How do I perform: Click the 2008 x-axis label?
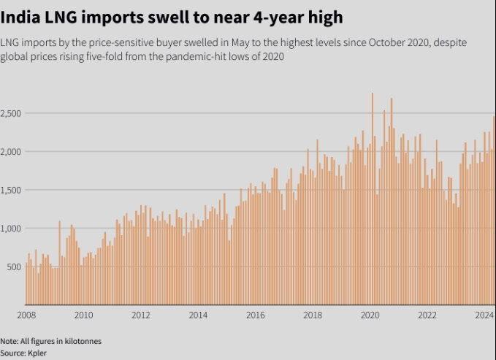click(x=26, y=315)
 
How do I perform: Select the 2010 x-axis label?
click(x=83, y=315)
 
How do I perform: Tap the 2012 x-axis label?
click(x=141, y=315)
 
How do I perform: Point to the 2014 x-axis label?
click(x=198, y=315)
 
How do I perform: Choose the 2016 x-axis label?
click(x=256, y=315)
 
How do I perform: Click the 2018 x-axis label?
click(x=313, y=315)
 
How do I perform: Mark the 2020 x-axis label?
click(x=370, y=315)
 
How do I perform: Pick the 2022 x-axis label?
click(x=427, y=315)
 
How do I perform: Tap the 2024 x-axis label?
click(x=482, y=315)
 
